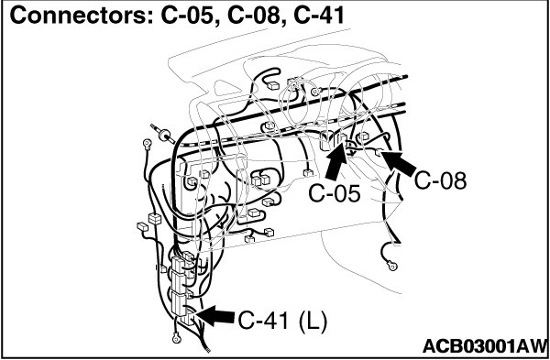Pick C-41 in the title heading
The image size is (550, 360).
319,16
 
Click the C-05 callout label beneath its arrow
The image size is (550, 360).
335,194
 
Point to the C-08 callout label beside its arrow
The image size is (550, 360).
441,180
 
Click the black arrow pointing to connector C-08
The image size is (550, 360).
400,163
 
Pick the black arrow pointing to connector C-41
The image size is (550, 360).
214,315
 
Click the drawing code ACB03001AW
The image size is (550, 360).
485,346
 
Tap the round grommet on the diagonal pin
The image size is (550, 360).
165,135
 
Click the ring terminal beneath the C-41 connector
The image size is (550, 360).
176,338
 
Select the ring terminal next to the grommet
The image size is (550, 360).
147,143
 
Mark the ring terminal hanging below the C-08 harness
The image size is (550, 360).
393,266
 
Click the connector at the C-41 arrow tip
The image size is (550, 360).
189,317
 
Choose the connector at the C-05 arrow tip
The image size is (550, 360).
343,139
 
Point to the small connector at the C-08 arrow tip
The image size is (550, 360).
379,152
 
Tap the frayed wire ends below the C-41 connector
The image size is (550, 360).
205,346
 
